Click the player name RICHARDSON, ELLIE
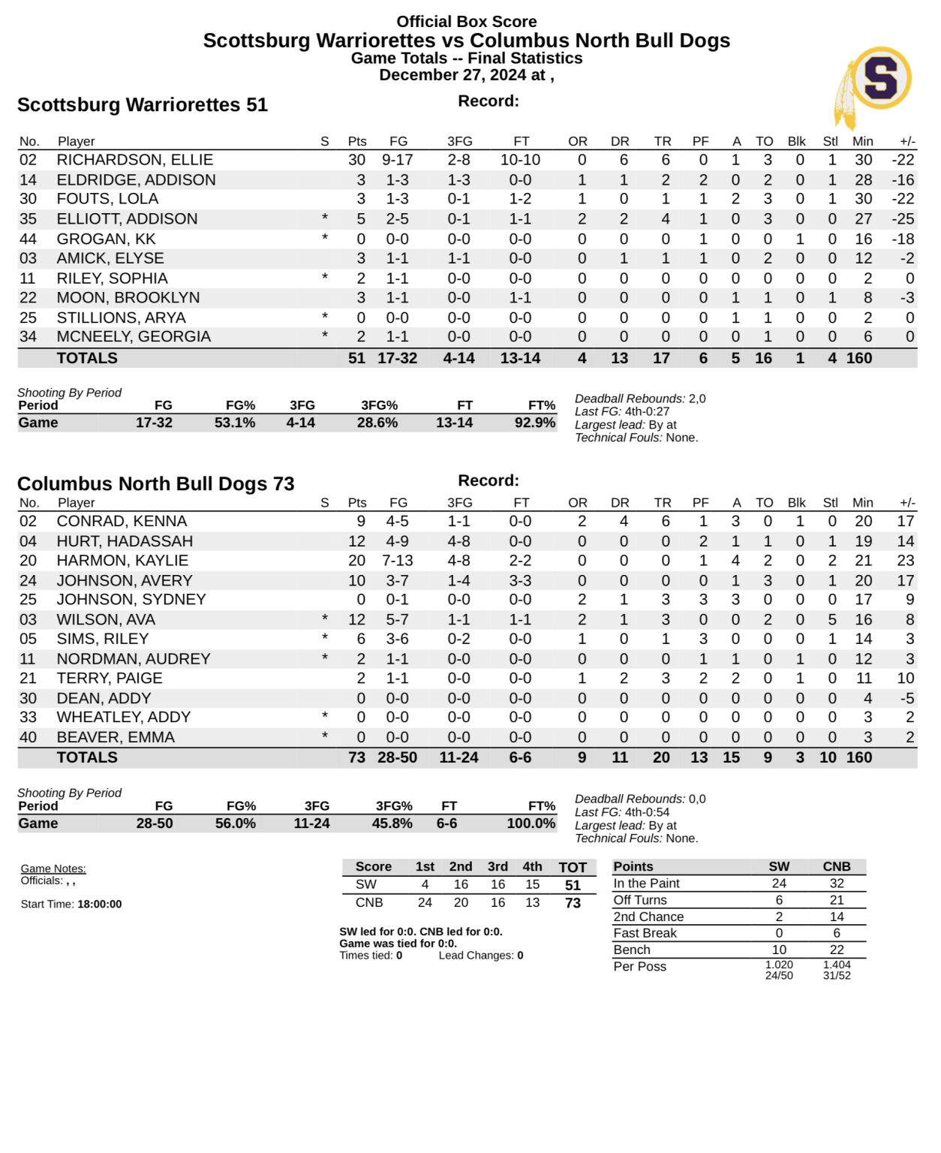point(135,160)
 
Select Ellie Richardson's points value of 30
point(356,160)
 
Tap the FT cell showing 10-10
point(520,160)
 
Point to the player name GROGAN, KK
point(106,239)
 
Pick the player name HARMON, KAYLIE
point(122,561)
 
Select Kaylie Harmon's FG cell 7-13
point(397,561)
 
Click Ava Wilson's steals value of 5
point(831,619)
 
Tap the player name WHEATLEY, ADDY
point(124,718)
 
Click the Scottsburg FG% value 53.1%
point(235,423)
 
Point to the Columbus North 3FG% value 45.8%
point(392,823)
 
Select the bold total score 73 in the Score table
point(573,903)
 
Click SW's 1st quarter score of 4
point(425,885)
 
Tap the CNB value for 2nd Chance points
point(837,917)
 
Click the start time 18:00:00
point(100,905)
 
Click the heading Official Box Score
point(467,22)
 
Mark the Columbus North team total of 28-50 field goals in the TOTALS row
point(397,757)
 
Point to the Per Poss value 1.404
point(837,965)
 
